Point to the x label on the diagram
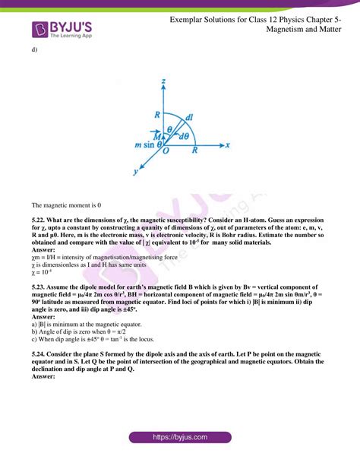pyautogui.click(x=227, y=144)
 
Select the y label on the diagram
pyautogui.click(x=134, y=173)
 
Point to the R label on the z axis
pyautogui.click(x=156, y=115)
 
